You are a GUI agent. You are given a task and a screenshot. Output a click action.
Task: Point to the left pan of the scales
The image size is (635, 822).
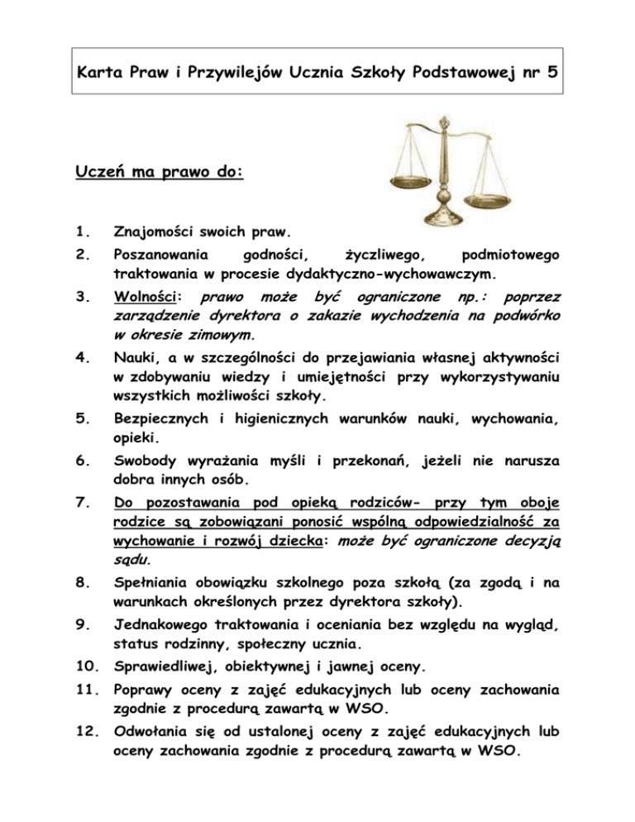399,181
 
